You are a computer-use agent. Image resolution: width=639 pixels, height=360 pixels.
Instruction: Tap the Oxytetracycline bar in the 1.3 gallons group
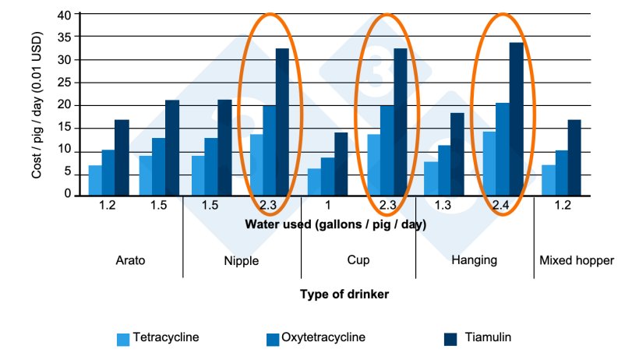click(x=443, y=170)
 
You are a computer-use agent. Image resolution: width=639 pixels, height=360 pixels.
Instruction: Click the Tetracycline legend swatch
click(x=122, y=339)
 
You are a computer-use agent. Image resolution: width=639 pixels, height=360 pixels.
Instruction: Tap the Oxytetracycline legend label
click(x=323, y=338)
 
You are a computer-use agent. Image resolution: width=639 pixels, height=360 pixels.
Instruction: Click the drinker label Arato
click(x=129, y=260)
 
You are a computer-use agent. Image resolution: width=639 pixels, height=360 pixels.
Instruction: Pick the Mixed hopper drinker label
click(x=576, y=260)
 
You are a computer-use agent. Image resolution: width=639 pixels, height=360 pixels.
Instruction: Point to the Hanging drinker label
click(x=474, y=260)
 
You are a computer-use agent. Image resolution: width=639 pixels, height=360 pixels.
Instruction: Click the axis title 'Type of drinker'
click(x=344, y=295)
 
